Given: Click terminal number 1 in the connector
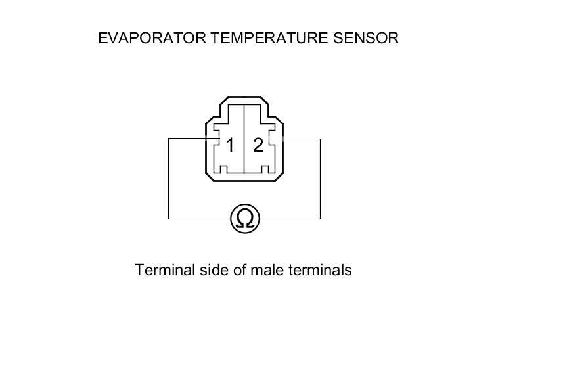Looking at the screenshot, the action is pos(230,145).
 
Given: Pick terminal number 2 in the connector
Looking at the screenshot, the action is pos(258,145).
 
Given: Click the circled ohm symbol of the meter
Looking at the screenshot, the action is pos(245,219).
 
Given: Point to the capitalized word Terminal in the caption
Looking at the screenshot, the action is pos(164,270).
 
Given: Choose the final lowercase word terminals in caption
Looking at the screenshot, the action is pos(320,270).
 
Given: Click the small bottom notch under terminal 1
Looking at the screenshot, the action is pos(223,170).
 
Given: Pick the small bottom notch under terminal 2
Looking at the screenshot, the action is pos(265,170).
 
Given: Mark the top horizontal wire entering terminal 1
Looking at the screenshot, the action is pos(187,139).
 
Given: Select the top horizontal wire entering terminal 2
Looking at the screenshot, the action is pos(301,139).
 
